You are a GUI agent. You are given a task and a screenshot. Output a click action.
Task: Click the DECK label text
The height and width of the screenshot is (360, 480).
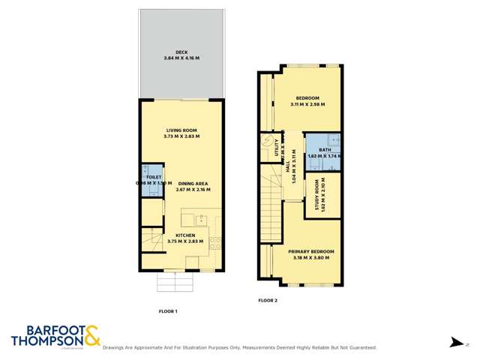pyautogui.click(x=181, y=52)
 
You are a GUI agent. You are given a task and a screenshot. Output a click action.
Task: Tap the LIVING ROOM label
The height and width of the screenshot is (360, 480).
pyautogui.click(x=181, y=130)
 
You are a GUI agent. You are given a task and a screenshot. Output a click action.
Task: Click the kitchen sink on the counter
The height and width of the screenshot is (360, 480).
pyautogui.click(x=200, y=220)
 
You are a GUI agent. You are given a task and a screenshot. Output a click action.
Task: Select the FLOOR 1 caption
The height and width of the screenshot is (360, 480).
pyautogui.click(x=168, y=310)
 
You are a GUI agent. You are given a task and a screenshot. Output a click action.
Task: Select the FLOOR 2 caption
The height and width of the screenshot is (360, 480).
pyautogui.click(x=268, y=300)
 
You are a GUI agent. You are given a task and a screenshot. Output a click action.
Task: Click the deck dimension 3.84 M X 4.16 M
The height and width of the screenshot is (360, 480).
pyautogui.click(x=181, y=58)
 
